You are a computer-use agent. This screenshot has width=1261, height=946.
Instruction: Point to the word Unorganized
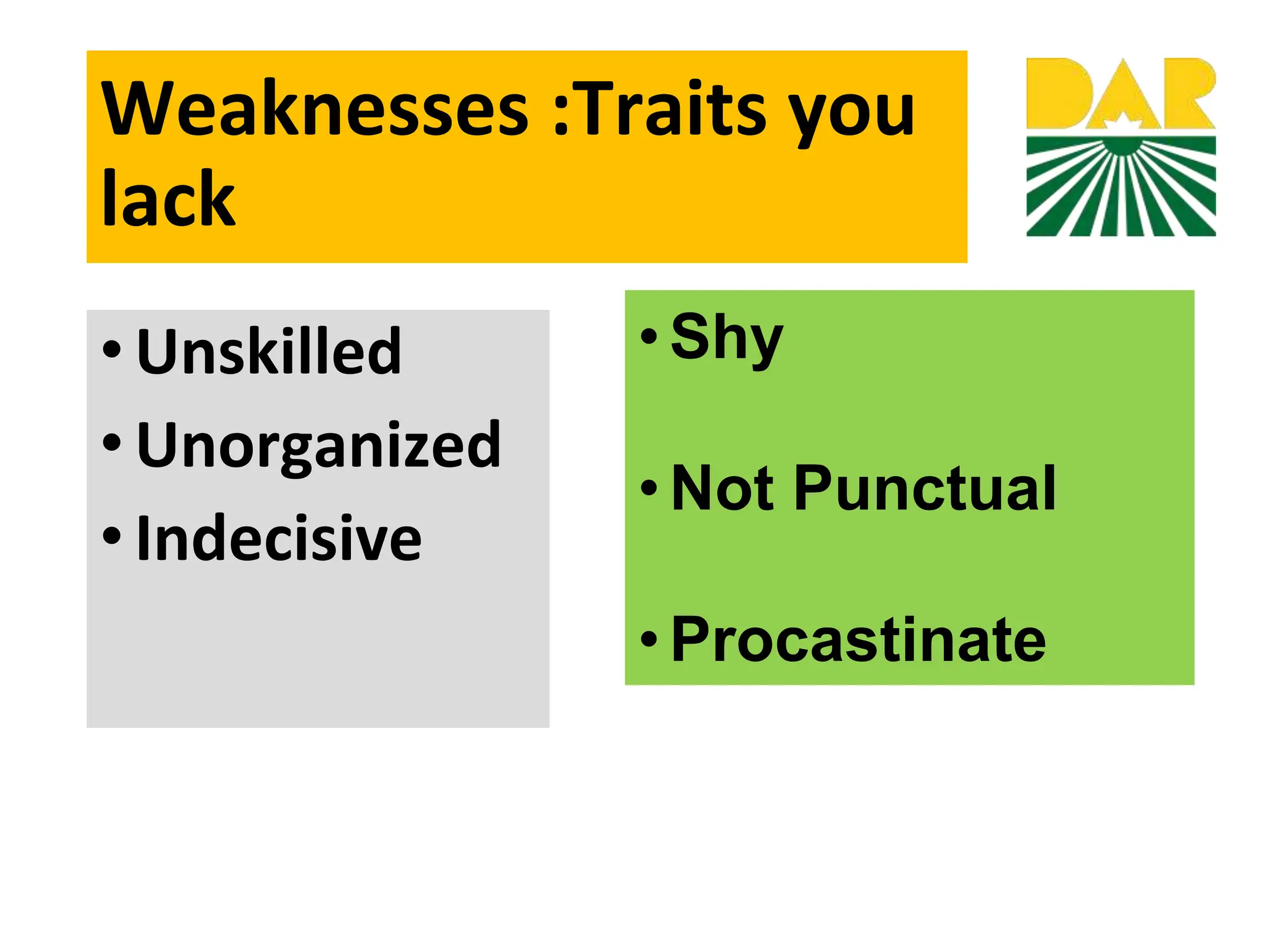(318, 445)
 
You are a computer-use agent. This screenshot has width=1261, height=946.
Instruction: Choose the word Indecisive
(279, 538)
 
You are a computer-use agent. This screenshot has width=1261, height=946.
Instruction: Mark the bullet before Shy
(649, 336)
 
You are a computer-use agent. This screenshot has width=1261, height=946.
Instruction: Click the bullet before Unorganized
(112, 442)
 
